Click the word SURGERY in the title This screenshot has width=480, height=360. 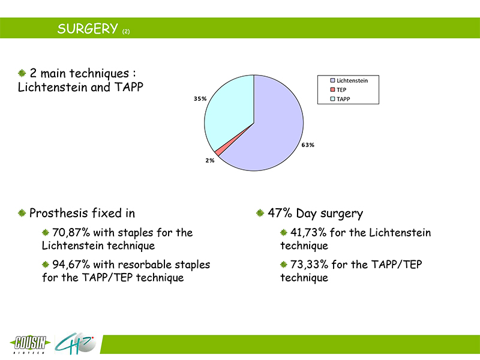88,29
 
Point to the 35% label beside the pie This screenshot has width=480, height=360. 200,98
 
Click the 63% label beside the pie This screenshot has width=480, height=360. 308,145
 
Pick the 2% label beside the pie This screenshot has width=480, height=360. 209,160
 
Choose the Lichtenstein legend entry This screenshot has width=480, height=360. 349,80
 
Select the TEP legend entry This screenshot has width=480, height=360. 338,89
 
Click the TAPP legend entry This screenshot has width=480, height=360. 340,99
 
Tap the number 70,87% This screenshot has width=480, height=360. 71,233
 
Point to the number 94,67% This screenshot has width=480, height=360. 71,265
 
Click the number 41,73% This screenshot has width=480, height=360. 308,233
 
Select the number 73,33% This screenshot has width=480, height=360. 309,265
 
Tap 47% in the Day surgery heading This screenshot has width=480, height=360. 280,213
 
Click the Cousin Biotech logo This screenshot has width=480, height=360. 30,344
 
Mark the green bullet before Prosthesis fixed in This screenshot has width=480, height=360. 22,212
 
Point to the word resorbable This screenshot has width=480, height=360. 145,265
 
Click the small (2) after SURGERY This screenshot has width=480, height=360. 126,32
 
